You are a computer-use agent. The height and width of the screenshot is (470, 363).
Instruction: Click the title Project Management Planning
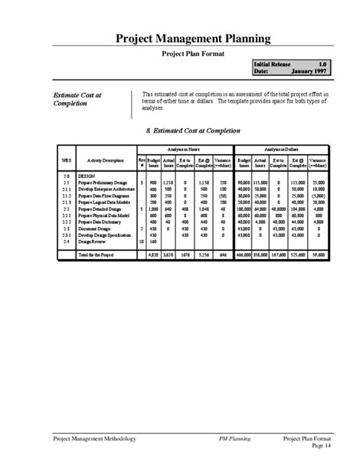(x=192, y=38)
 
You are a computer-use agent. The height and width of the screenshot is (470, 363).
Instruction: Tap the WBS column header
(x=67, y=160)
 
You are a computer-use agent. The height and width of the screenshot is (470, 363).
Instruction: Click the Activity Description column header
(x=106, y=160)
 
